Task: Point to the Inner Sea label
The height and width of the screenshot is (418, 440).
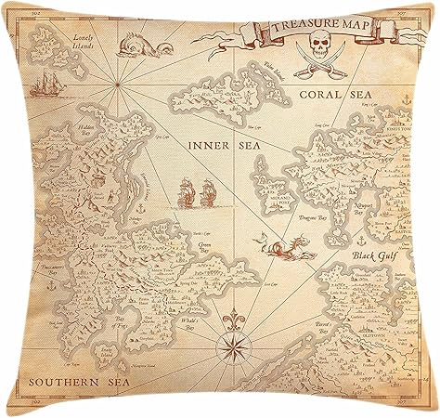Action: (x=214, y=146)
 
